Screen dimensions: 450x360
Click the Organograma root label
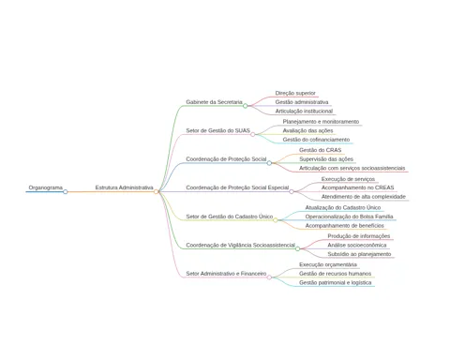point(46,187)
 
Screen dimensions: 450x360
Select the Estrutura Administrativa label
point(124,187)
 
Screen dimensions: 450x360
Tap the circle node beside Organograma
point(66,191)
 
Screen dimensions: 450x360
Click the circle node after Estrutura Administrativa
point(156,191)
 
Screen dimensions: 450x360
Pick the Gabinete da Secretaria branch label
point(214,102)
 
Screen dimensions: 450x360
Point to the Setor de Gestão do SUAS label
point(217,130)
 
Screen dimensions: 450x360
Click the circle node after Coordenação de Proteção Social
point(269,163)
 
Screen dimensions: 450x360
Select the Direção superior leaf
point(295,93)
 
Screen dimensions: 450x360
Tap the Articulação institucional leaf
point(304,111)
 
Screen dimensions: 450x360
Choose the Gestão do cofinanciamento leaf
point(316,140)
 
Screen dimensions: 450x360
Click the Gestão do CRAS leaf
point(320,150)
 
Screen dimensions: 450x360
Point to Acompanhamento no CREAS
point(357,187)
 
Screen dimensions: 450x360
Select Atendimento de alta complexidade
point(364,197)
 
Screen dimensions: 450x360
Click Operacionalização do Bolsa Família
point(349,217)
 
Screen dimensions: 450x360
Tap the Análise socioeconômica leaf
point(357,245)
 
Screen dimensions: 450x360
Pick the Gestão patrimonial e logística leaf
point(336,282)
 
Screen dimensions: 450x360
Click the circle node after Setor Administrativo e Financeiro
point(269,277)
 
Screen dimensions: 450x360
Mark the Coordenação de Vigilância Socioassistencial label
point(240,245)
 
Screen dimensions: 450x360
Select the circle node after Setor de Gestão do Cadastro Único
point(276,220)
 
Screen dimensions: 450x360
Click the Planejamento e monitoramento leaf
point(321,122)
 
